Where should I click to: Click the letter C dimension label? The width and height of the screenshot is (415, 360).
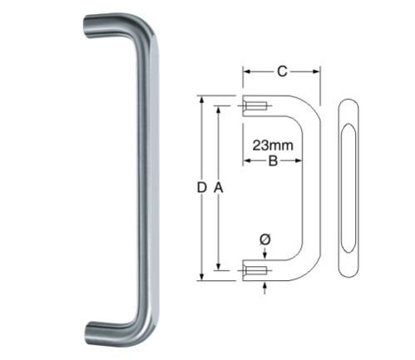(x=282, y=72)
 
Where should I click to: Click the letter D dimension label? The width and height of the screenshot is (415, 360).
(x=201, y=189)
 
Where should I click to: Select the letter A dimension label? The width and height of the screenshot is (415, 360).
(x=219, y=189)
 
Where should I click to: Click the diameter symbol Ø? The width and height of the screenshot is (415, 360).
(x=264, y=239)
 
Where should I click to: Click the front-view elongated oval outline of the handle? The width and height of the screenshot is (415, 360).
(x=347, y=189)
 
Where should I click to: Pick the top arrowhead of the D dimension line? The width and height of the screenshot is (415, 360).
(x=200, y=99)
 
